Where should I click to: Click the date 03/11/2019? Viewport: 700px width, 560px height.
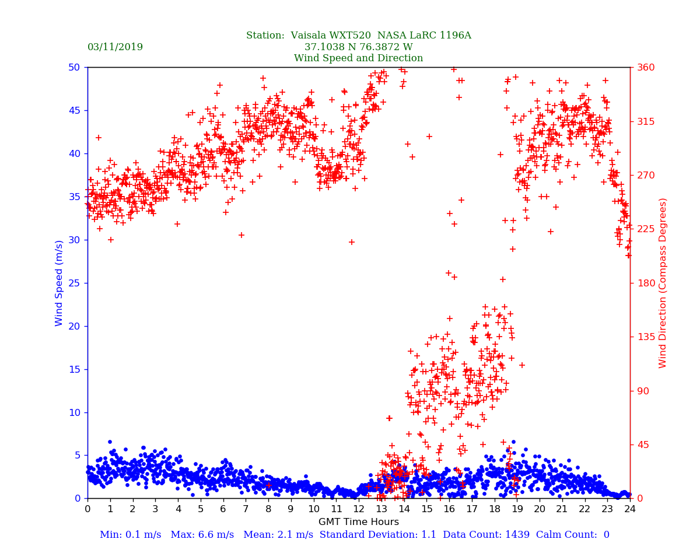click(115, 47)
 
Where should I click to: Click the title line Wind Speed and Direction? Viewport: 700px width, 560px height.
click(358, 58)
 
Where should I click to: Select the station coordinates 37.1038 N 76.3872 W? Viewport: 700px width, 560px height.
click(358, 47)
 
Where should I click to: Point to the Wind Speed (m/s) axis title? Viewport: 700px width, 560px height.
click(60, 283)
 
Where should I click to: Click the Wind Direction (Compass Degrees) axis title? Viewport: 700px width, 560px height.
click(663, 283)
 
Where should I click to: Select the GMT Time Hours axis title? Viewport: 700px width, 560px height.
click(358, 522)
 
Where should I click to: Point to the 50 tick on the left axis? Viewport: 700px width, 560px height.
click(75, 67)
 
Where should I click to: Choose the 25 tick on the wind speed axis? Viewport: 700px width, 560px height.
click(75, 283)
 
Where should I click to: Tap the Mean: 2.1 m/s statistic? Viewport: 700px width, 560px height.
click(279, 535)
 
